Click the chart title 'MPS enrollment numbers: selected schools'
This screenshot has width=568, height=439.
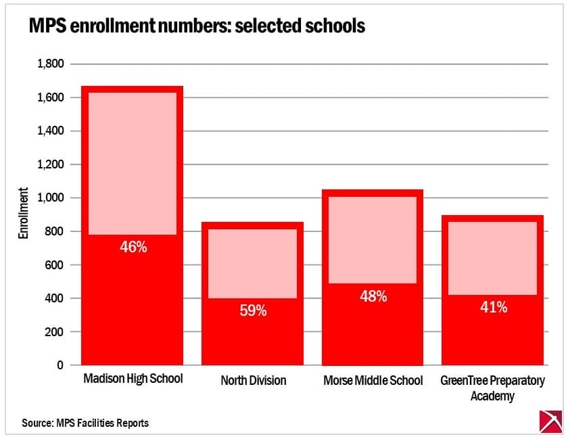[x=196, y=26]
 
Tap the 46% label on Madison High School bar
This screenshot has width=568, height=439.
[x=133, y=247]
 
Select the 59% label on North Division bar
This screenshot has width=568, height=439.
[x=253, y=311]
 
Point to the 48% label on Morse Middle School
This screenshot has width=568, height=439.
[x=373, y=296]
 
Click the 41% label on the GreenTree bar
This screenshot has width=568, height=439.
[x=493, y=307]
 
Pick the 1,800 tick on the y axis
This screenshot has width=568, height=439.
[x=49, y=64]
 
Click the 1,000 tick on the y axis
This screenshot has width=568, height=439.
[x=49, y=198]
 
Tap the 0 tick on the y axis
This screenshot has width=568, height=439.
[x=60, y=365]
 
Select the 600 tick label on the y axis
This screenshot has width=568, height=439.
[x=53, y=265]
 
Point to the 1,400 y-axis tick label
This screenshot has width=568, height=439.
[x=49, y=131]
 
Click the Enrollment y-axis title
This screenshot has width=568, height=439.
[x=23, y=214]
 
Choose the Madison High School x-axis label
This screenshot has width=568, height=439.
[x=133, y=379]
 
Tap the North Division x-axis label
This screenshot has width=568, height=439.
[x=253, y=381]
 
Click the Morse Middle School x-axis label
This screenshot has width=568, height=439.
[x=373, y=381]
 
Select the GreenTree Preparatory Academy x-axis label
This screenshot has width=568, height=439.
[x=492, y=388]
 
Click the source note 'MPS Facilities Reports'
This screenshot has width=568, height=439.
[x=85, y=423]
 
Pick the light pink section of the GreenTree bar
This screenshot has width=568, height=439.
[x=493, y=258]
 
